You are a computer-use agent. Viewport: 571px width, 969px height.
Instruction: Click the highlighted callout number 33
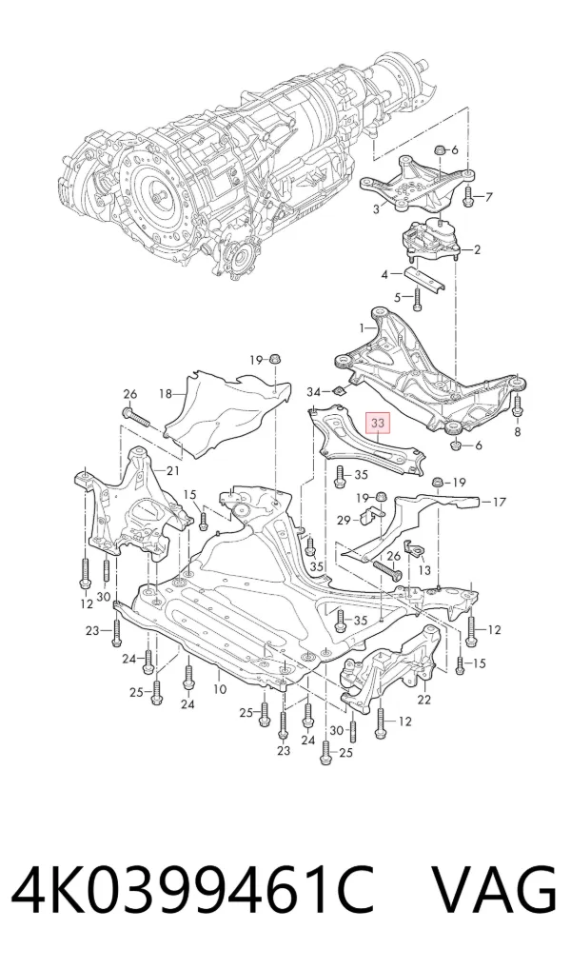[377, 424]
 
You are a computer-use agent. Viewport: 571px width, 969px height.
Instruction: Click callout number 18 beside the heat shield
[165, 393]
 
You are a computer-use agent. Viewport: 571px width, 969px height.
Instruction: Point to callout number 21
[172, 471]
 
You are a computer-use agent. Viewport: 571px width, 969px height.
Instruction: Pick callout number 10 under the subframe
[220, 688]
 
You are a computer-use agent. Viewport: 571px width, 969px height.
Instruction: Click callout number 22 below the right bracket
[423, 700]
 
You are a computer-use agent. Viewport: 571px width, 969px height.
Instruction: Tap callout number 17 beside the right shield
[500, 503]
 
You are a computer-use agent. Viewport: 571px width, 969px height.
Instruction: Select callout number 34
[314, 392]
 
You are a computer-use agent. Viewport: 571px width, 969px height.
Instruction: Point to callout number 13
[424, 570]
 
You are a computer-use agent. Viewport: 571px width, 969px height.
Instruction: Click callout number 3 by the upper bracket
[376, 209]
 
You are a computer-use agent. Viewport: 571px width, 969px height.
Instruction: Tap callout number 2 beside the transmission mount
[477, 249]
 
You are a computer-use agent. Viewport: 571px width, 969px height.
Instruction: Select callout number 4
[384, 274]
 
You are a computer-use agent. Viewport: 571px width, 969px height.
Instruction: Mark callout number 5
[399, 297]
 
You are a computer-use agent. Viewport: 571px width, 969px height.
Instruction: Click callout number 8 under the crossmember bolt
[518, 432]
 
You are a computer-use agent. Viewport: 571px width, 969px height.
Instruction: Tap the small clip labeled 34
[339, 390]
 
